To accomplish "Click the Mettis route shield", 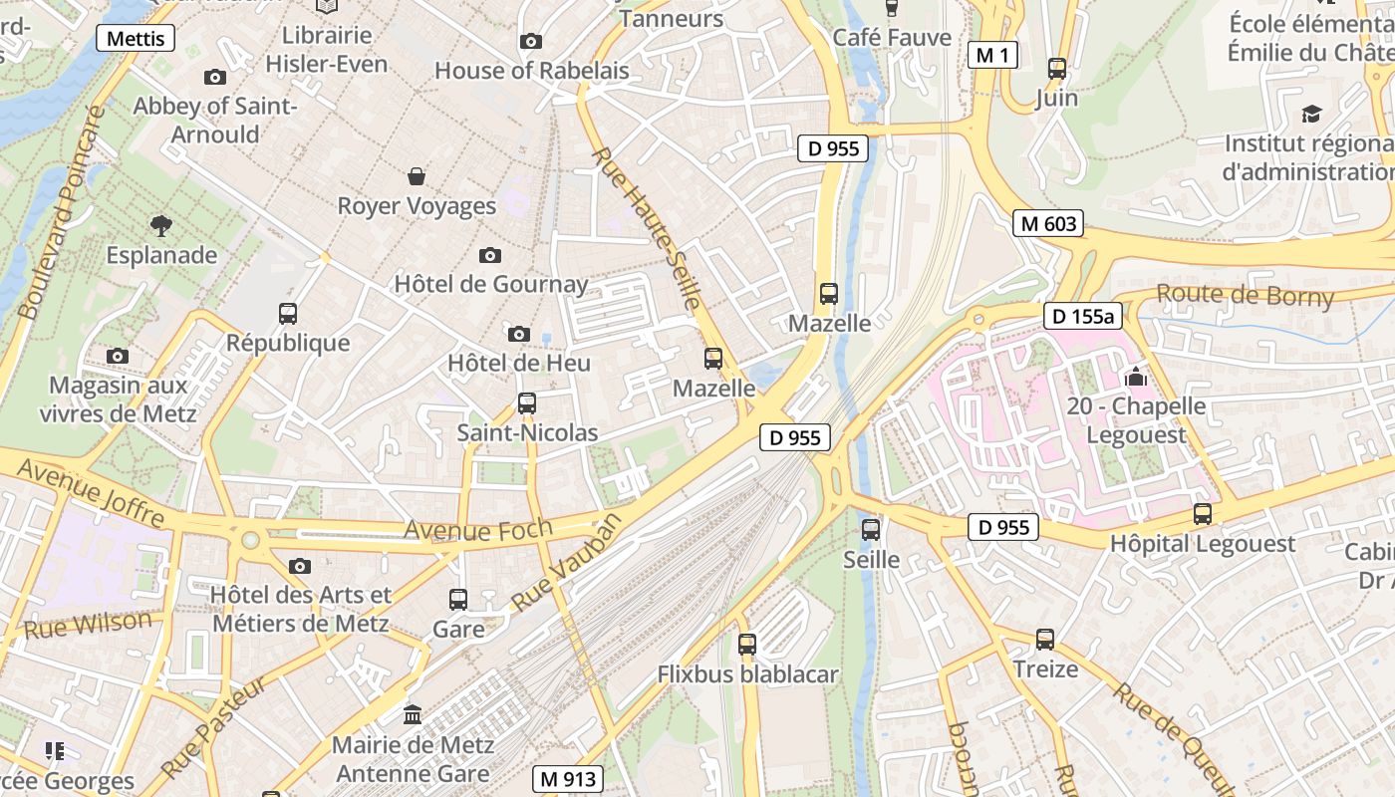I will pos(136,39).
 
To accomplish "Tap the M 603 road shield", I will pos(1048,223).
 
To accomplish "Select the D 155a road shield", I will pos(1083,317).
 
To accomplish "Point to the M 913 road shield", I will pos(567,778).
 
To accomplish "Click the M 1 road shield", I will pos(992,56).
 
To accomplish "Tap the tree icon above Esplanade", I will pos(160,225).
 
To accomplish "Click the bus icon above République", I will pos(288,314).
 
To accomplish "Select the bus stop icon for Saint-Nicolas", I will pos(527,403).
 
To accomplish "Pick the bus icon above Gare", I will pos(458,600).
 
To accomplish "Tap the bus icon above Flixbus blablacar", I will pos(747,645).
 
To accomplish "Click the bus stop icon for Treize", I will pos(1045,640).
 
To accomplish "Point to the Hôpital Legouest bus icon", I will pos(1203,514).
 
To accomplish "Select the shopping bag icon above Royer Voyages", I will pos(417,176).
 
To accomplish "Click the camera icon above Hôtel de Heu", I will pos(518,334).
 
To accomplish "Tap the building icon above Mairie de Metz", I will pos(413,714).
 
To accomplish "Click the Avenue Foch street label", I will pos(463,529).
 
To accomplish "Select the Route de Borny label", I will pos(1245,295).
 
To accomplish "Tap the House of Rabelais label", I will pos(532,71).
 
